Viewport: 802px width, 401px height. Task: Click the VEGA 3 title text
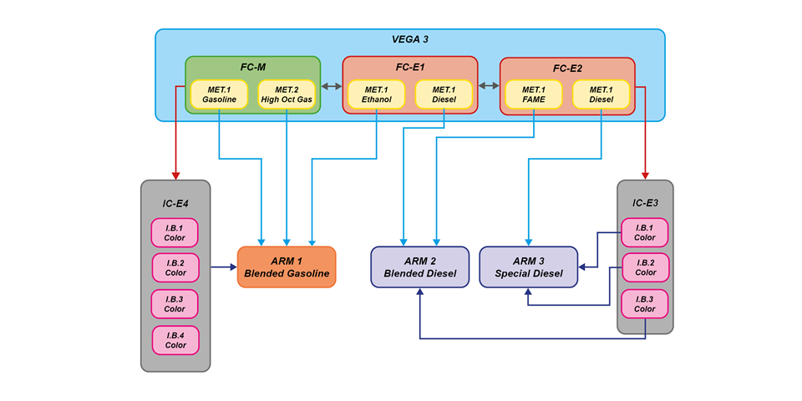[409, 39]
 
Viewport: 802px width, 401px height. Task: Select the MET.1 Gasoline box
[219, 94]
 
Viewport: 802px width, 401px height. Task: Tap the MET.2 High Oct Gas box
[287, 94]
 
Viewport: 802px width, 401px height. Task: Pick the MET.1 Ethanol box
[376, 94]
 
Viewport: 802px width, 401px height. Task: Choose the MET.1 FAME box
[534, 94]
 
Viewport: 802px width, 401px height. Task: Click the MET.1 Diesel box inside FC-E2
[601, 94]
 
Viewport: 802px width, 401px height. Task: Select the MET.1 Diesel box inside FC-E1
[443, 94]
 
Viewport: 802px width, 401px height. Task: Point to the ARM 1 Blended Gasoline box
[287, 266]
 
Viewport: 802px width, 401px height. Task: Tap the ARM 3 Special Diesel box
[528, 266]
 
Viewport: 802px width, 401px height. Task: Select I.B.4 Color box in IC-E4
[175, 339]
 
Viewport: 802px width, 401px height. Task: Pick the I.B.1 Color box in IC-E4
[175, 231]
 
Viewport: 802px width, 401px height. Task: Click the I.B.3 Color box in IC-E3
[645, 303]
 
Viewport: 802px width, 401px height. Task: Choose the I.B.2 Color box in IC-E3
[645, 267]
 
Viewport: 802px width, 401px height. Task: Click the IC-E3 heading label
[645, 202]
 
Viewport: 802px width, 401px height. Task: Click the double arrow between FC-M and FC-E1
[331, 85]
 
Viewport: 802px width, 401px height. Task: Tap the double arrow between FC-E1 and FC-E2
[488, 85]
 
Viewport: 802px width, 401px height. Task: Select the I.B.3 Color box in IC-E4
[175, 303]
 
